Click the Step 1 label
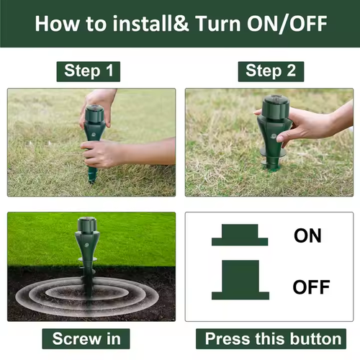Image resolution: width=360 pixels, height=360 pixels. [89, 71]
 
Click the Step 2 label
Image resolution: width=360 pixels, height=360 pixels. [271, 71]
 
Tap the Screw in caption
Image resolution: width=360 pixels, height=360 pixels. [86, 338]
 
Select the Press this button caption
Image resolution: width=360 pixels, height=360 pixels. [271, 338]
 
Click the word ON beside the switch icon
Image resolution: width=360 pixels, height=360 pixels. [307, 235]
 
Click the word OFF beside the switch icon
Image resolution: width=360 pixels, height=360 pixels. [311, 287]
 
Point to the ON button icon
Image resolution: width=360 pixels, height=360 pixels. [240, 235]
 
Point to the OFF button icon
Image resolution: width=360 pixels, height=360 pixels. [240, 280]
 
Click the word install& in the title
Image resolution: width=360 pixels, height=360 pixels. [151, 23]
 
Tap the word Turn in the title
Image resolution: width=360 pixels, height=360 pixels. [218, 24]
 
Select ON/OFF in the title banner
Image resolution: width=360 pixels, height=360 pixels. [287, 24]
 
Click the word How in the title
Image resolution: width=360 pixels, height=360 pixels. [58, 24]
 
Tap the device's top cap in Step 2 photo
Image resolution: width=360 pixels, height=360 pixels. [275, 107]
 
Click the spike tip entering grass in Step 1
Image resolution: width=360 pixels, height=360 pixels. [91, 181]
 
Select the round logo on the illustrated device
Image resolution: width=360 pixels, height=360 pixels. [86, 246]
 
